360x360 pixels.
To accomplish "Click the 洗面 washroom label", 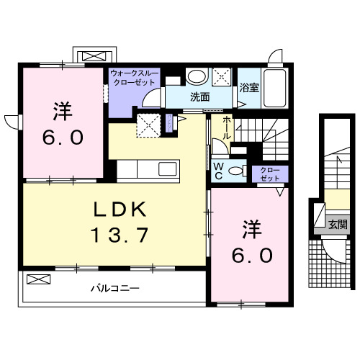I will coord(200,97).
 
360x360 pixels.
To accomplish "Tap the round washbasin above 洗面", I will coord(195,77).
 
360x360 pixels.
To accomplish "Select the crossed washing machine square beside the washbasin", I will coord(221,77).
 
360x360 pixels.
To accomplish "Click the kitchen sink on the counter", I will coord(167,169).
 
